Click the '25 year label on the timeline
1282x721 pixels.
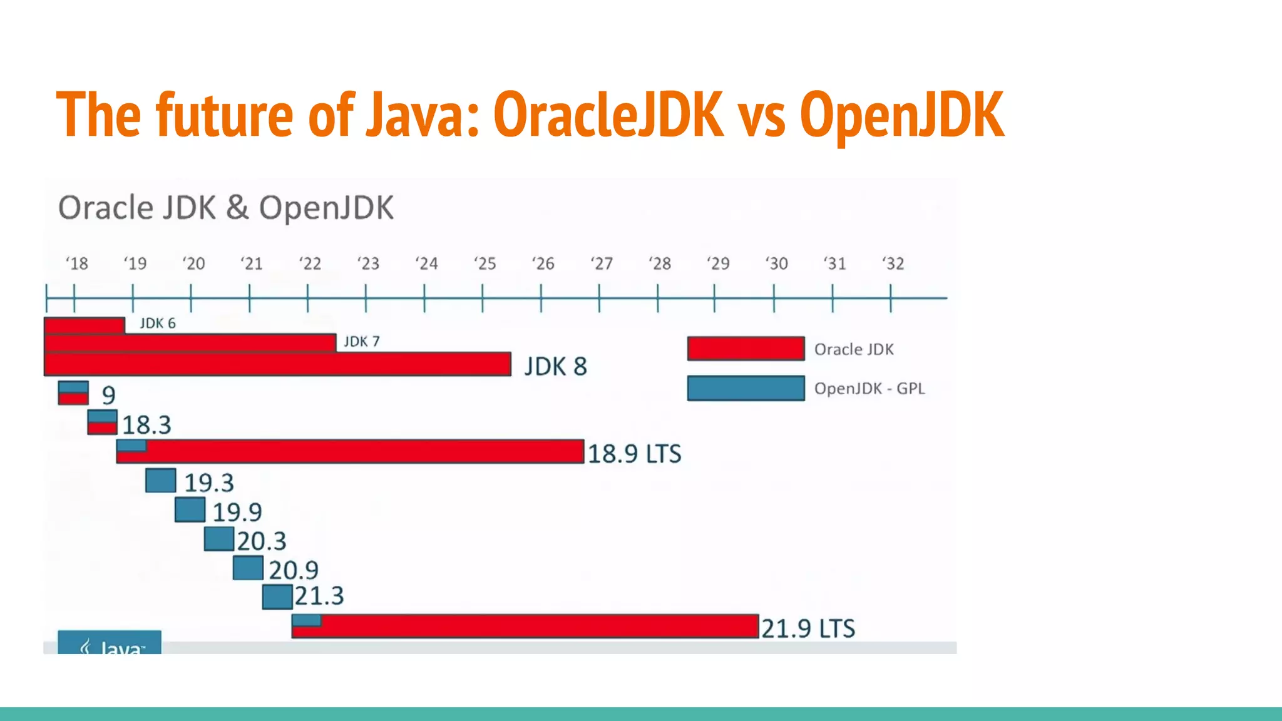tap(485, 263)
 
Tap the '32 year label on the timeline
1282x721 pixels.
tap(893, 263)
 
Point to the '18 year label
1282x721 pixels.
tap(77, 263)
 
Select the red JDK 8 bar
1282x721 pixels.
tap(277, 364)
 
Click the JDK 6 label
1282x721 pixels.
tap(158, 324)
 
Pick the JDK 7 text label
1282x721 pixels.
tap(361, 342)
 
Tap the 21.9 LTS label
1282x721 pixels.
tap(808, 628)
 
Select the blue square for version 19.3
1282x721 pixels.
tap(161, 481)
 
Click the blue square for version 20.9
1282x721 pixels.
tap(249, 568)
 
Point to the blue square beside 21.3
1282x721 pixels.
tap(277, 596)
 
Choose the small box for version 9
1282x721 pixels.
tap(73, 393)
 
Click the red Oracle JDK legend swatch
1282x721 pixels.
tap(746, 349)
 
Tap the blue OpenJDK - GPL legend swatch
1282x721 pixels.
tap(746, 388)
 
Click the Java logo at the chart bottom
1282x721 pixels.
tap(110, 644)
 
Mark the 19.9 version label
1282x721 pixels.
tap(237, 513)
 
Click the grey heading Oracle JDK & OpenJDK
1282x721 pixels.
tap(226, 208)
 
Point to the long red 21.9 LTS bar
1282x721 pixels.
tap(538, 626)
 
